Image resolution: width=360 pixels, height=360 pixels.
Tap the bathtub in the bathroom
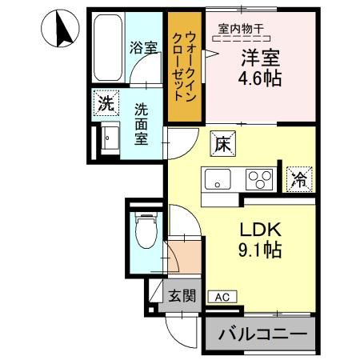(107, 49)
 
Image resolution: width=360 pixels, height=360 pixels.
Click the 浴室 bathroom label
(143, 47)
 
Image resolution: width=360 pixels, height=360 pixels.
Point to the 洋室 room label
(258, 58)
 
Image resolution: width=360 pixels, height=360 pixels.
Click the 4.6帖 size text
(258, 80)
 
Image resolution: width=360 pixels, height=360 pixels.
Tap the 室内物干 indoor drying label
(244, 30)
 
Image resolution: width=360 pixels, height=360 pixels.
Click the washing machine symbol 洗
(105, 102)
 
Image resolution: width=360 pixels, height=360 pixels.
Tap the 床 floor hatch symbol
(222, 145)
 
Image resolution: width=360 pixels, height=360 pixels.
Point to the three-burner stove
(258, 178)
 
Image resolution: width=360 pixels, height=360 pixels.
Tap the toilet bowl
(144, 234)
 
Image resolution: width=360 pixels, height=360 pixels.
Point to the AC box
(222, 296)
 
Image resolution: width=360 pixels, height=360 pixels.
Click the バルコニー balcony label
(258, 333)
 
